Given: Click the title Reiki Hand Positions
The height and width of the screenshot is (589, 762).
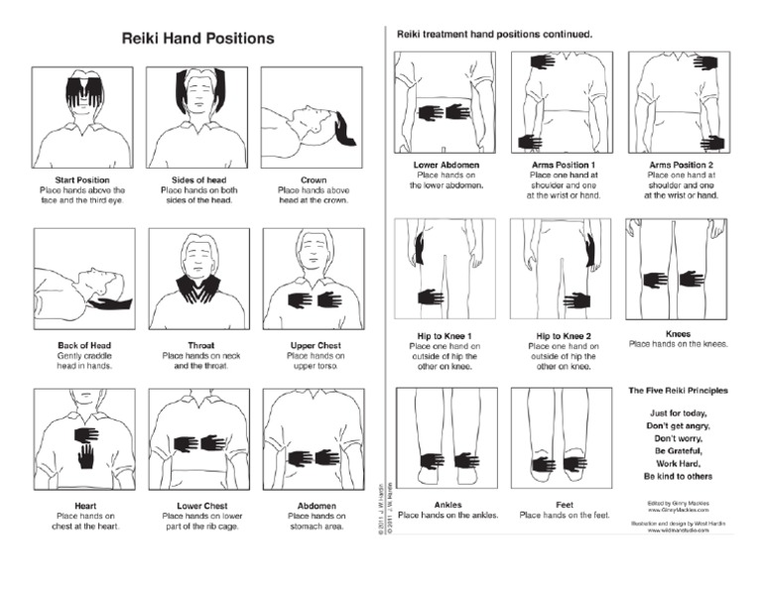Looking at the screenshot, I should (197, 39).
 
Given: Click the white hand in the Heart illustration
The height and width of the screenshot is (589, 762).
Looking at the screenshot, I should (86, 455).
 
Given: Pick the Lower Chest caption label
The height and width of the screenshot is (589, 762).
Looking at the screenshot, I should (196, 506).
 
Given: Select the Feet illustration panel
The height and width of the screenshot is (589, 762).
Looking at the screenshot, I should (556, 437).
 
